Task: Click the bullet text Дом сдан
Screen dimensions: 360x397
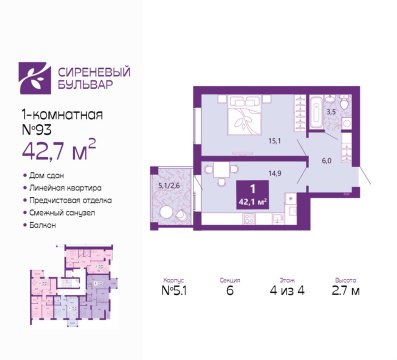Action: pyautogui.click(x=52, y=175)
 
